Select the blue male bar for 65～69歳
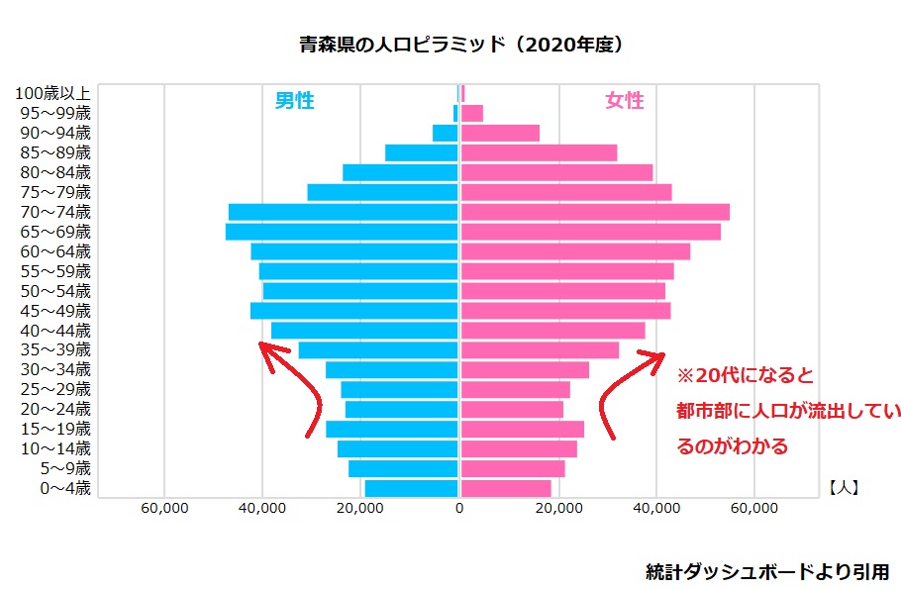coord(342,232)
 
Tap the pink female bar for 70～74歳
coord(595,212)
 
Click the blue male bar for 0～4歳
coord(411,488)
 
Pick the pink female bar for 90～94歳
coord(500,133)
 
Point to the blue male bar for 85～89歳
coord(421,152)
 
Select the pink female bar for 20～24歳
coord(512,409)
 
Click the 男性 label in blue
coord(294,100)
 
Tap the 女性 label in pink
coord(624,100)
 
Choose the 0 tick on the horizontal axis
coord(459,509)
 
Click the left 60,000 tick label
coord(164,509)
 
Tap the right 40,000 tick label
coord(656,509)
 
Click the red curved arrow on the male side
coord(297,391)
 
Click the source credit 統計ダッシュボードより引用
coord(767,571)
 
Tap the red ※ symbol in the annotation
coord(685,376)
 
